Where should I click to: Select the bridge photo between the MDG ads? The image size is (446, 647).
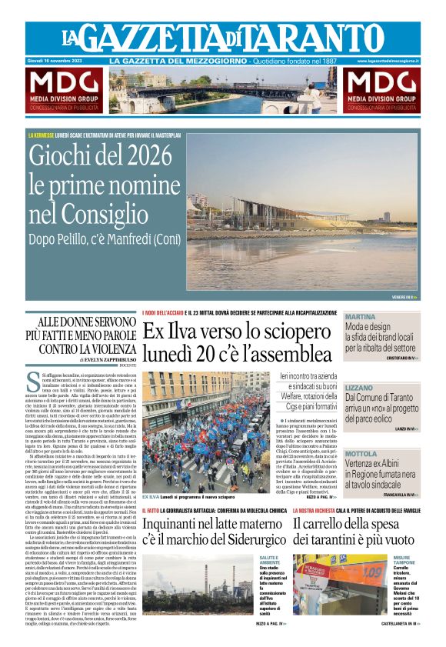pyautogui.click(x=223, y=91)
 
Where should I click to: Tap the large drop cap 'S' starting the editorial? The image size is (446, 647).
pyautogui.click(x=32, y=380)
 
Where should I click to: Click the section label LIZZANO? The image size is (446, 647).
pyautogui.click(x=360, y=388)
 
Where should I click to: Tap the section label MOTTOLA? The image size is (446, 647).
pyautogui.click(x=361, y=455)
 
